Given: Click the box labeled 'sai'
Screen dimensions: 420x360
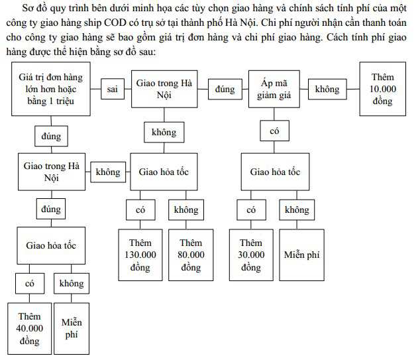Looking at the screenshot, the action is coord(113,89).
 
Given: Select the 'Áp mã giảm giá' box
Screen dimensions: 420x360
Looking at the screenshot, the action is coord(274,89).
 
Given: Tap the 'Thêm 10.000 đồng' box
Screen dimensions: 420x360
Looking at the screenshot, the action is coord(382,89).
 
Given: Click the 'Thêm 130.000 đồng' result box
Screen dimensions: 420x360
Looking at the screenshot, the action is coord(140,255).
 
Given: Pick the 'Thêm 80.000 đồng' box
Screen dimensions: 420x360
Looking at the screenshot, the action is coord(191,255).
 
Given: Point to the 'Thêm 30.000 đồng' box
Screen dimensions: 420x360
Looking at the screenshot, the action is coord(251,255).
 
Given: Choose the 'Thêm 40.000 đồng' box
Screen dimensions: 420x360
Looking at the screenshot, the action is coord(29,329).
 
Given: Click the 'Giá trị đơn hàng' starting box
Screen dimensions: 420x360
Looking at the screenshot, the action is coord(51,89).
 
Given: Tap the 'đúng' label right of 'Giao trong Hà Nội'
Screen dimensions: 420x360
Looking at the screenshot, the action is coord(225,90).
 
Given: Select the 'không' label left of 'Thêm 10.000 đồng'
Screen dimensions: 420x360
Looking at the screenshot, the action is coord(327,90).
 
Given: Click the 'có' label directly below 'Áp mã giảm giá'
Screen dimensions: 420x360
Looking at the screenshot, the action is coord(274,131).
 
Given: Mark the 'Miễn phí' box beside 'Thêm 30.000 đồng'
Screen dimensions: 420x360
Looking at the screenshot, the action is coord(301,255).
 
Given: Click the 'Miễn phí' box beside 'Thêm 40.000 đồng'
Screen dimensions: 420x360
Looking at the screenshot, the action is coord(72,329).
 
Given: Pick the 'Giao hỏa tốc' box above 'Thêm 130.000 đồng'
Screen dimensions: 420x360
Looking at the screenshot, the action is coord(164,172).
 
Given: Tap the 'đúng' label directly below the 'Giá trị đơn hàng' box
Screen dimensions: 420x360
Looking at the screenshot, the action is coord(51,136).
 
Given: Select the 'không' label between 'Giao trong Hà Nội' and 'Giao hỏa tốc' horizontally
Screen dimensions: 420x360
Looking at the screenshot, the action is coord(108,172).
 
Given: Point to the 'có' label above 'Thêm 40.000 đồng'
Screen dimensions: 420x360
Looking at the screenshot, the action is coord(30,284).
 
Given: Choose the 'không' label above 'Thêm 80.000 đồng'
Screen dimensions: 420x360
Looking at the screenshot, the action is coord(186,210).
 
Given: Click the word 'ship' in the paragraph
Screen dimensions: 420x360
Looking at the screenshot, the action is coord(93,23).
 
